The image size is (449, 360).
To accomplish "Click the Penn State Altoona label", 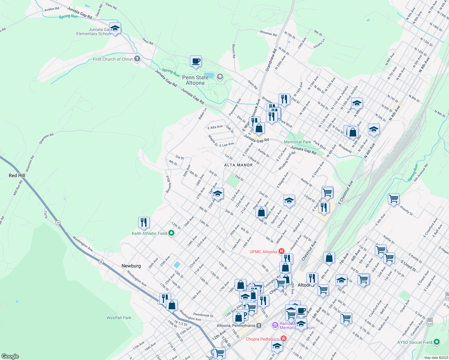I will point(195,80).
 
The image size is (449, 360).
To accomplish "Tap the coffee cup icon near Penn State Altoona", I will point(196,61).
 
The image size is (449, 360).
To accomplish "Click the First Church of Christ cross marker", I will point(137,58).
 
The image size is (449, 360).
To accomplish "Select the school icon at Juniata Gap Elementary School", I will point(115,28).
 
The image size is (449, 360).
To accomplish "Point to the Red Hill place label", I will point(17,175).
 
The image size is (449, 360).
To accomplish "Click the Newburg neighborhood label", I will point(131,266).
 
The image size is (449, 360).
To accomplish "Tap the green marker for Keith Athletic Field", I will point(171,233).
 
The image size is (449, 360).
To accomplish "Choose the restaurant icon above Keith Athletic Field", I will point(144,223).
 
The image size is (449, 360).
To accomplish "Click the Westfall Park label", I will point(119,318).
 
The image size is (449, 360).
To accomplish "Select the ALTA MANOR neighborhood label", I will point(238,165).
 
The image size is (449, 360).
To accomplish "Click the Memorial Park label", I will point(297,142).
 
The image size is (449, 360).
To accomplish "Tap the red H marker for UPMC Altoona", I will point(282,251).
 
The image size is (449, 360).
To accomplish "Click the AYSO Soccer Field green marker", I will point(437,342).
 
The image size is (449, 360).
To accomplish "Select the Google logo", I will point(10,356).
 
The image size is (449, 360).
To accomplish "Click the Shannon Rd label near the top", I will point(46,139).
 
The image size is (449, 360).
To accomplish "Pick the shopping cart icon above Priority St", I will point(393,199).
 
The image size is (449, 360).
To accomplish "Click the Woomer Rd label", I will point(268,33).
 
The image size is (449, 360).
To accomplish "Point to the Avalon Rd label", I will point(52,9).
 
